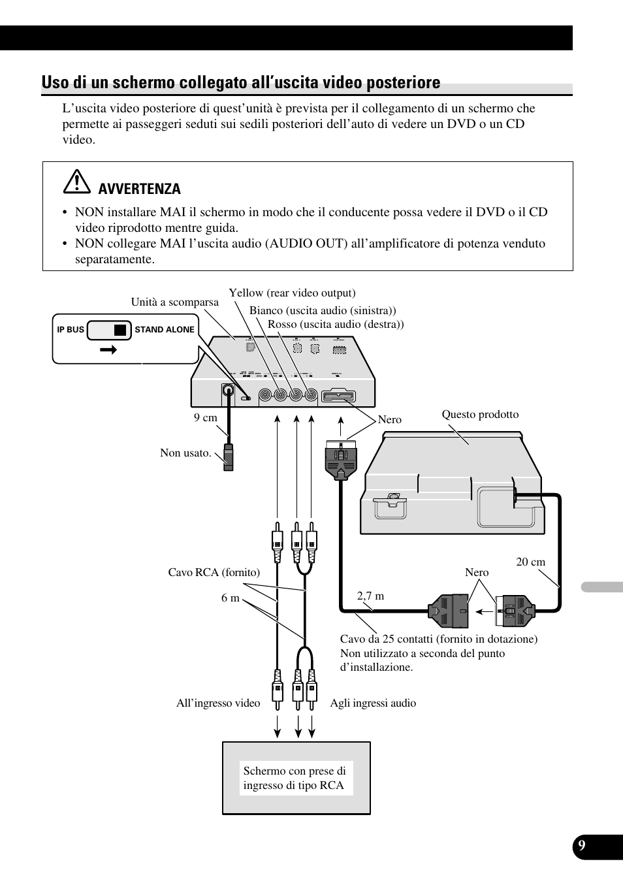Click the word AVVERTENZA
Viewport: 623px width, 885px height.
[139, 189]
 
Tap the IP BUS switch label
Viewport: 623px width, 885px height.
[71, 330]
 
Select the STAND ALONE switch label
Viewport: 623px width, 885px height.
[165, 330]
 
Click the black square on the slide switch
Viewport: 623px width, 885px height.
[120, 330]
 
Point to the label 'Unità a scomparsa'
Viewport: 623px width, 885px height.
[174, 302]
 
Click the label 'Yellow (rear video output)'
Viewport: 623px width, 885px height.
[292, 293]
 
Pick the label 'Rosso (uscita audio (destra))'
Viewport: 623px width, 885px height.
[336, 325]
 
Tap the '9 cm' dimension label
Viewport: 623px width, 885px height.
[205, 418]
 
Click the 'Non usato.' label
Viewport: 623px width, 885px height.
[185, 453]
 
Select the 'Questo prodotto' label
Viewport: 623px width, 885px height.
[480, 415]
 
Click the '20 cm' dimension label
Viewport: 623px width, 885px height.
[530, 562]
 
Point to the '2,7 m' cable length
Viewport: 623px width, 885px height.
[370, 596]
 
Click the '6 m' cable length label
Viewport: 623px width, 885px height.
[230, 598]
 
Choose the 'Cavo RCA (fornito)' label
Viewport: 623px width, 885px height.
[214, 573]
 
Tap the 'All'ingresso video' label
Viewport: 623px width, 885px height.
[218, 703]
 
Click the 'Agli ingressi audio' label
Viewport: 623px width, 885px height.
[373, 703]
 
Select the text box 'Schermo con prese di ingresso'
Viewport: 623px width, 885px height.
[295, 779]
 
